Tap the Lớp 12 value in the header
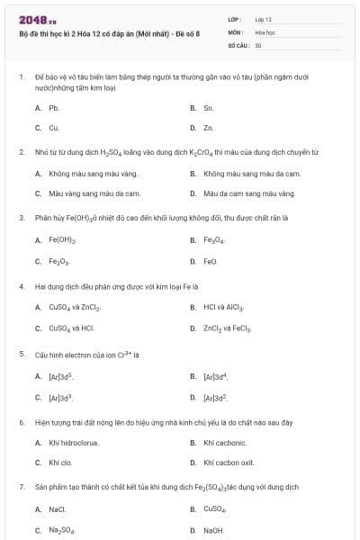263,19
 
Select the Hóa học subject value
265,31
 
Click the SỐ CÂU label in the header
238,44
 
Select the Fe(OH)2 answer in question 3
62,240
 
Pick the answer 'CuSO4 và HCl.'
71,328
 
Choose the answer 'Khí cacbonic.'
223,443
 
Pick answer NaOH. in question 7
213,530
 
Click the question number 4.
21,286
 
